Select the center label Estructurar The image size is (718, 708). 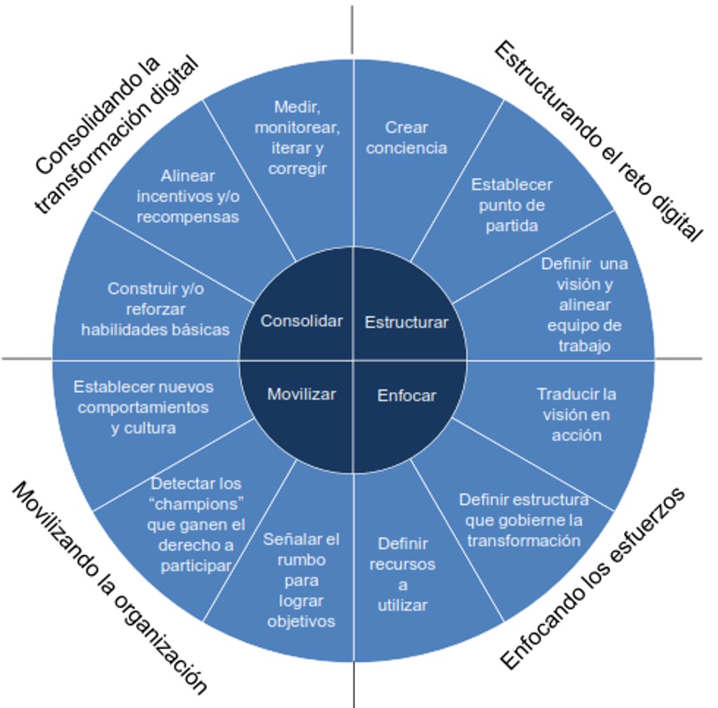coord(406,323)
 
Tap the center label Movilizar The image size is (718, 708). coord(302,394)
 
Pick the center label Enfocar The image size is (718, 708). coord(407,396)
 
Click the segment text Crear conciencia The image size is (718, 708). coord(406,137)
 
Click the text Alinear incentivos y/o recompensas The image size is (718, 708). coord(188,196)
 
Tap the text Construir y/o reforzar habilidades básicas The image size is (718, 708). coord(155,309)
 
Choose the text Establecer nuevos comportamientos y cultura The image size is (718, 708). coord(143,407)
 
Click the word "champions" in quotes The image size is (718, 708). coord(196,505)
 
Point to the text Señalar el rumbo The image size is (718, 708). coord(302,550)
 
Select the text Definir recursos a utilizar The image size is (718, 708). coord(402,574)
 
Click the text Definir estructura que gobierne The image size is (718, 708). coord(524,510)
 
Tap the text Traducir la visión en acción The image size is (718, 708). coord(577,414)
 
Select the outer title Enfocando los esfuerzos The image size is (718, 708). coord(592,578)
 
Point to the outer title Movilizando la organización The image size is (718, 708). coord(109,588)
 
